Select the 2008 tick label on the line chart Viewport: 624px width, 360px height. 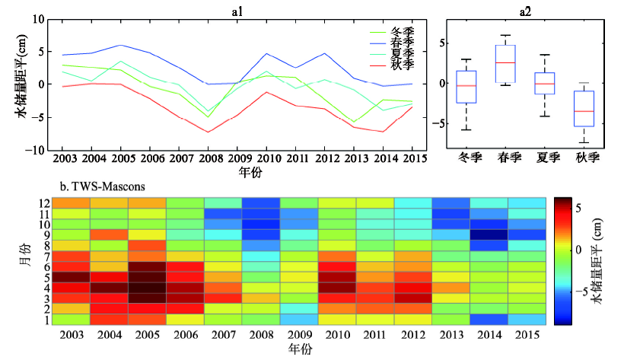coord(207,158)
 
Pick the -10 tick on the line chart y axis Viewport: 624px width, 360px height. coord(36,150)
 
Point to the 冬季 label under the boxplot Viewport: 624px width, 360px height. coord(466,158)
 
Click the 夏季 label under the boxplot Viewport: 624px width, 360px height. coord(546,158)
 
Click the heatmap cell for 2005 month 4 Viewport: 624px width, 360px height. coord(147,288)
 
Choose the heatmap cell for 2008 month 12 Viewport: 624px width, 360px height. coord(261,202)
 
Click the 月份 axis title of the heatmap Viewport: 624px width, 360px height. coord(24,260)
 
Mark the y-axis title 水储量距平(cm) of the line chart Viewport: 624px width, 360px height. coord(18,78)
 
